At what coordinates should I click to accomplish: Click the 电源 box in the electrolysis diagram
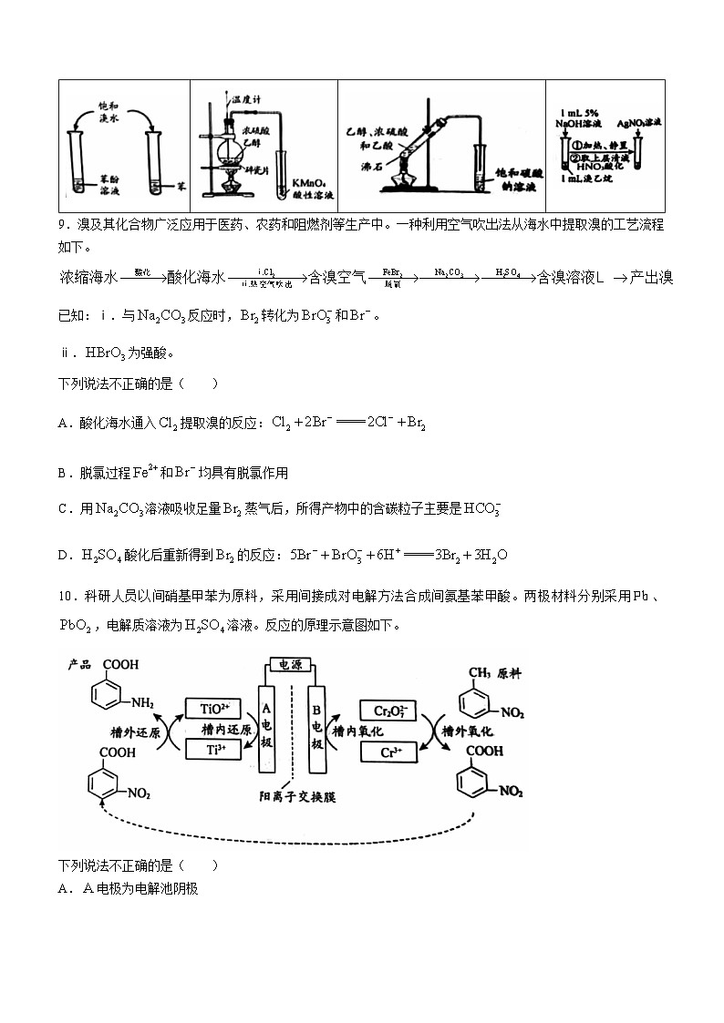coord(292,667)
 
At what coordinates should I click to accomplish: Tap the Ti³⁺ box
coord(212,749)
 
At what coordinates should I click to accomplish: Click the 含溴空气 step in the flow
coord(337,277)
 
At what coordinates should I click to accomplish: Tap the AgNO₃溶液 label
coord(638,121)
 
